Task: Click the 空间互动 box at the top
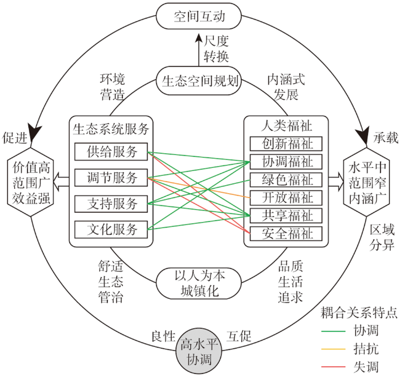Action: pos(199,16)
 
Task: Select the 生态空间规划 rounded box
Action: pos(199,81)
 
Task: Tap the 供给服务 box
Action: pos(111,152)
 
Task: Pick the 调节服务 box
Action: pos(111,178)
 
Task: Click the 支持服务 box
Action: pos(111,204)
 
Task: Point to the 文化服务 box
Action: pos(111,229)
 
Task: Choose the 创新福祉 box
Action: pos(286,144)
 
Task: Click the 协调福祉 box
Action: pos(286,162)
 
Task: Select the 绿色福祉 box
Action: pos(286,180)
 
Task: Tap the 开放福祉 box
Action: pos(286,197)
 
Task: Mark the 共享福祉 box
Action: pos(286,216)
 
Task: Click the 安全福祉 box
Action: pos(286,234)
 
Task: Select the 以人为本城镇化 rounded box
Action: pos(199,283)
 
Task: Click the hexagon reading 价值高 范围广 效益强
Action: pos(31,182)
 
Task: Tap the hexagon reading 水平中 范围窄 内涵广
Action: pos(367,182)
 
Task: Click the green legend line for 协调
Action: pos(333,331)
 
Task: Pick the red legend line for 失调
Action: pos(333,367)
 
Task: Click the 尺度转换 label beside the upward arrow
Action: pos(216,49)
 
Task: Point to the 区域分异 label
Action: pos(382,237)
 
